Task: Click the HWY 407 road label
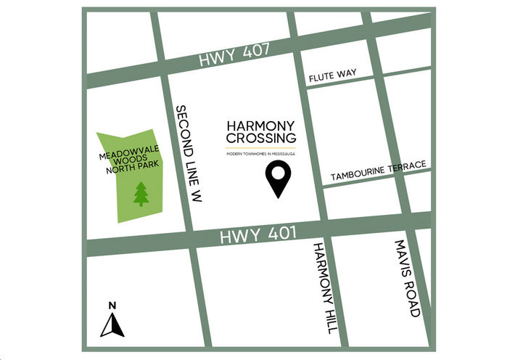[235, 55]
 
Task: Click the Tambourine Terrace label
[378, 171]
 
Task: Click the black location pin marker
[276, 179]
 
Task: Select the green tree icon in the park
[140, 193]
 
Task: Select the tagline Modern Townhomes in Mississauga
[260, 154]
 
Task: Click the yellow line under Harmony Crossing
[260, 148]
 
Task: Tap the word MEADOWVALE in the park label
[131, 155]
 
